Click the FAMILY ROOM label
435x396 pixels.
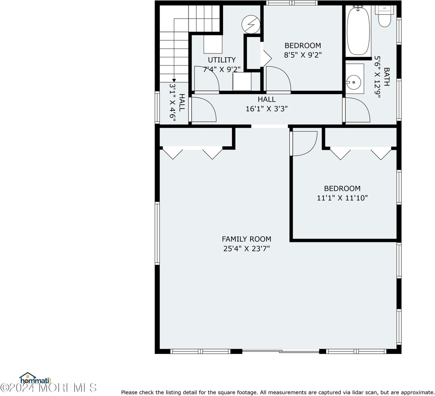pyautogui.click(x=246, y=239)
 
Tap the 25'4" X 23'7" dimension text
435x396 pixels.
pyautogui.click(x=246, y=249)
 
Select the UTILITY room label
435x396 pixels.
pyautogui.click(x=222, y=60)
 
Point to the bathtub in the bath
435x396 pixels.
pyautogui.click(x=359, y=31)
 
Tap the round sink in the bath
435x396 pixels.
pyautogui.click(x=353, y=82)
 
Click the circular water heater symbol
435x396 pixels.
pyautogui.click(x=251, y=24)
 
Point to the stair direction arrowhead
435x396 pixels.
pyautogui.click(x=174, y=80)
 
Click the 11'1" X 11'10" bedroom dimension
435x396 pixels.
pyautogui.click(x=342, y=198)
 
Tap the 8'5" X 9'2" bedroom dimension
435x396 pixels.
pyautogui.click(x=302, y=55)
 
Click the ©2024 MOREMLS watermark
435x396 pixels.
pyautogui.click(x=48, y=388)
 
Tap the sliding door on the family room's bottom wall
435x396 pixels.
pyautogui.click(x=281, y=351)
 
